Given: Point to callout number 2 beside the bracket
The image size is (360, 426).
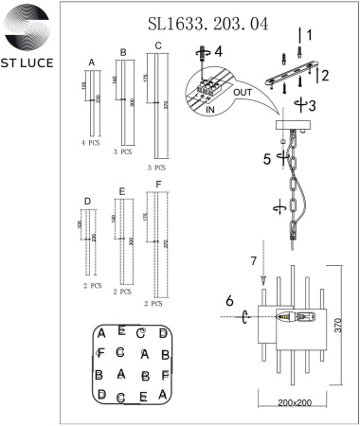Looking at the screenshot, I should [x=324, y=72].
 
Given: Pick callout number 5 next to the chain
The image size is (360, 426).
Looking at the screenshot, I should [x=268, y=159].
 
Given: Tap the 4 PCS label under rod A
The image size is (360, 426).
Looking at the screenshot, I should [x=91, y=141].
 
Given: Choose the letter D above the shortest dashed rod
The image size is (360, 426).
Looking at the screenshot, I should [x=87, y=201].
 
